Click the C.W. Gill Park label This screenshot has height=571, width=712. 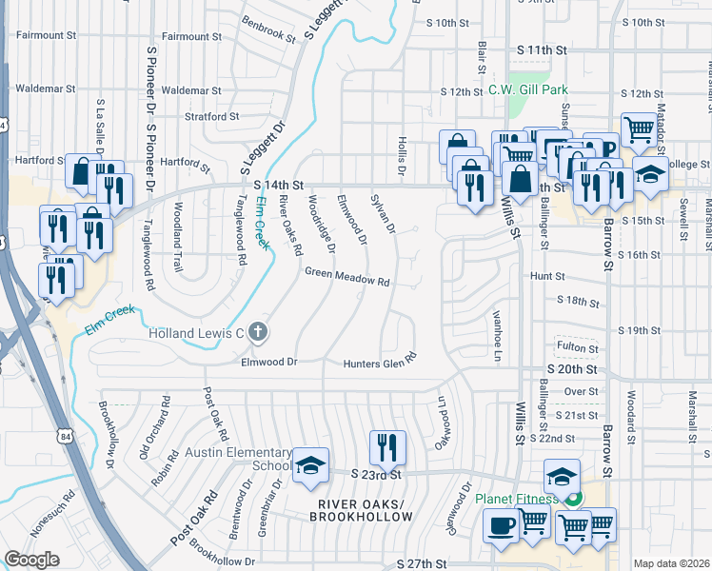pyautogui.click(x=528, y=90)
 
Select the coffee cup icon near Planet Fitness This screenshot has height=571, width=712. pyautogui.click(x=501, y=526)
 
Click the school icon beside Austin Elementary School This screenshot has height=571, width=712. pyautogui.click(x=310, y=465)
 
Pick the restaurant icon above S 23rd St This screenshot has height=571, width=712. pyautogui.click(x=387, y=446)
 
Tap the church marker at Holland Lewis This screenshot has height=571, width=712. pyautogui.click(x=259, y=333)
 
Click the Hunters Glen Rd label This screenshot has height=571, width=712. pyautogui.click(x=381, y=362)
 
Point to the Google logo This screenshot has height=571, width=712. pyautogui.click(x=31, y=560)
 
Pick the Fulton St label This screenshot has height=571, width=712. pyautogui.click(x=575, y=347)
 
